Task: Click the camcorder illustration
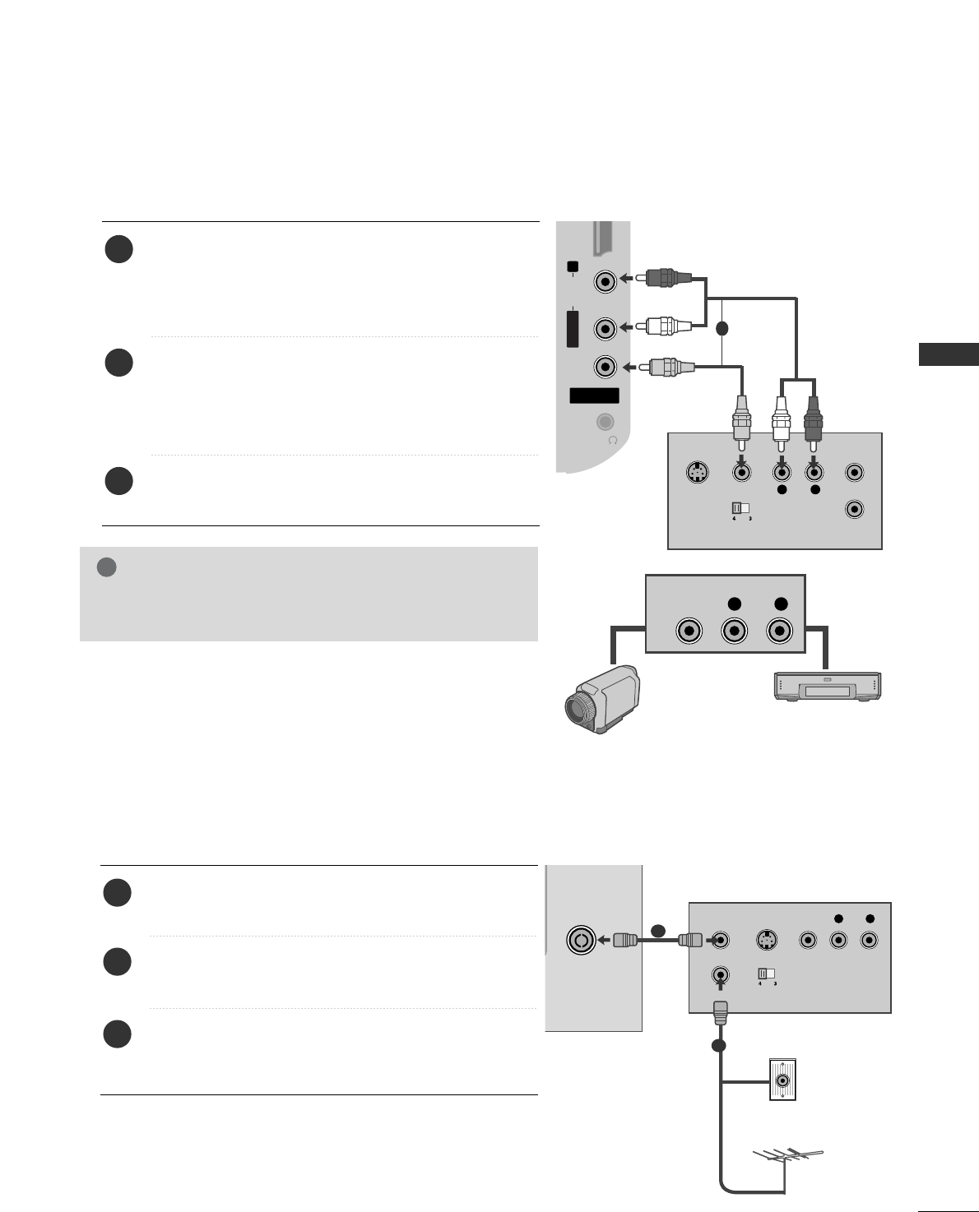tap(601, 699)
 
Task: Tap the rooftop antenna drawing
tap(786, 1159)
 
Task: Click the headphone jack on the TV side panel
tap(605, 422)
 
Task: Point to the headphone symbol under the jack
tap(612, 440)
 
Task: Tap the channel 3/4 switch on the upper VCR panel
tap(745, 508)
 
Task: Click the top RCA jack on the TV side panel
tap(605, 281)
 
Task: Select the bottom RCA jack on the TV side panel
tap(605, 366)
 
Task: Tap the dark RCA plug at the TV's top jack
tap(663, 278)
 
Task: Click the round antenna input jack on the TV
tap(581, 940)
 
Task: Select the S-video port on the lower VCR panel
tap(765, 940)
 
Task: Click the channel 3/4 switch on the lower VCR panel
tap(767, 974)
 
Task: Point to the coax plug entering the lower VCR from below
tap(721, 1011)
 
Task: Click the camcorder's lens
tap(579, 708)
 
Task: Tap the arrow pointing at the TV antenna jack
tap(605, 940)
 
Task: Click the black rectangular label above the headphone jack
tap(594, 396)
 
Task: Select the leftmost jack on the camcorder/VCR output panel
tap(689, 631)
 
